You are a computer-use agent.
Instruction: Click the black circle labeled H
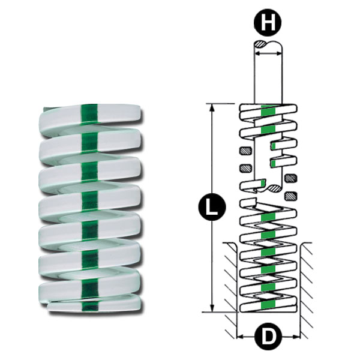tap(267, 24)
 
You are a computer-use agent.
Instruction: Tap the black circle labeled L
tap(211, 208)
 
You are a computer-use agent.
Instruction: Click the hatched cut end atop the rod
tap(263, 44)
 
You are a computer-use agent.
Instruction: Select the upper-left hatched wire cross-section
tap(244, 150)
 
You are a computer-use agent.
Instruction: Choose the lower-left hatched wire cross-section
tap(244, 167)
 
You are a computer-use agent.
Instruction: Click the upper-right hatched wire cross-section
tap(292, 178)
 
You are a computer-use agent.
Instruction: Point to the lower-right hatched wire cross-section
tap(292, 195)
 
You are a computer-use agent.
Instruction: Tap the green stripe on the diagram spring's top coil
tap(269, 110)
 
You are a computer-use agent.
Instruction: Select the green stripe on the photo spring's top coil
tap(89, 112)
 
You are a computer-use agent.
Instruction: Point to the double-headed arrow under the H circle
tap(268, 53)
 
